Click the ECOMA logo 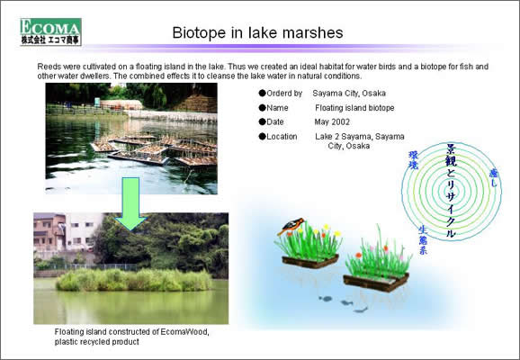[x=50, y=31]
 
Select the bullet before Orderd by [x=263, y=93]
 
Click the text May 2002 [x=332, y=121]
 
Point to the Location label [x=282, y=137]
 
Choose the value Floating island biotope [x=354, y=108]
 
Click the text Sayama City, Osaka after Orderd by [x=349, y=94]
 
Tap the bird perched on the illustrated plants [x=291, y=225]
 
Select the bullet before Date [x=263, y=121]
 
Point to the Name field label [x=277, y=108]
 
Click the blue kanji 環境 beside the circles [x=413, y=160]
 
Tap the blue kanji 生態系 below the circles [x=423, y=240]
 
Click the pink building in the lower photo [x=49, y=232]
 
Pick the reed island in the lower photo [x=134, y=280]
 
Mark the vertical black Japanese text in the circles [x=451, y=191]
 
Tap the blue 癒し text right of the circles [x=494, y=178]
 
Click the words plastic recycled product [x=97, y=342]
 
